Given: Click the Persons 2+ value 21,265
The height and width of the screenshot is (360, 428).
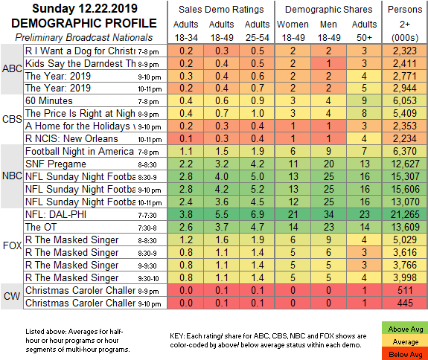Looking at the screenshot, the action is coord(405,214).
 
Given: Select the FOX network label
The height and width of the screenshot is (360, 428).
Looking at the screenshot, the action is coord(12,245).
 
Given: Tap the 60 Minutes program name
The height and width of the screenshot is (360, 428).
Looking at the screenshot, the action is coord(49,100).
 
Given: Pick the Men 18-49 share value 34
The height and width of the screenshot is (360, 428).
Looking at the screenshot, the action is coord(328,214).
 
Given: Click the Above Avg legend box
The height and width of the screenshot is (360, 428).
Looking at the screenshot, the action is coord(404,330).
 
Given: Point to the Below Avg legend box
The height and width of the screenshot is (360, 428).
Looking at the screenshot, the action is coord(404,354).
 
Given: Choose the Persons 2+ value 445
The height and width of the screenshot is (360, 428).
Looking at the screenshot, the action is coord(405,303).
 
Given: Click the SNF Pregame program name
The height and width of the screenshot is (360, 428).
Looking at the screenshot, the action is coord(56,164).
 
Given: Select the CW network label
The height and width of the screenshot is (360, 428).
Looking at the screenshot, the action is coord(12,296).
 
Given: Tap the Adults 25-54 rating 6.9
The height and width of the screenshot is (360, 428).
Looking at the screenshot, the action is coord(258,214).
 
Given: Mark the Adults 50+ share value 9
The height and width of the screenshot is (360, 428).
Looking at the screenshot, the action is coord(364,100).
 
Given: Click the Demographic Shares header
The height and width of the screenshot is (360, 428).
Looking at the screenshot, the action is coord(329,10).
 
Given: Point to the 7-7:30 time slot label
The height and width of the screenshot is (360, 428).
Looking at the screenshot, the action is coord(147,216).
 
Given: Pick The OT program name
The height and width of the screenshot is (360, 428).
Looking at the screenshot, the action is coord(41,227).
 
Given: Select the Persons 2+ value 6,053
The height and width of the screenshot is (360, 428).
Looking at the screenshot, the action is coord(405,100).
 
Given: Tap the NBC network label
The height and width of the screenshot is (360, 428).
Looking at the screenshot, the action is coord(12,176).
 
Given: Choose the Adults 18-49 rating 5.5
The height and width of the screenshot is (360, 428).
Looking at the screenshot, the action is coord(222,214).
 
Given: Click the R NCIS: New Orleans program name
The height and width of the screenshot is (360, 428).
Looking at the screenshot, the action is coord(71,138).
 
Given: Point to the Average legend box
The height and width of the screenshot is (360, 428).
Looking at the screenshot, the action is coord(404,341).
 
